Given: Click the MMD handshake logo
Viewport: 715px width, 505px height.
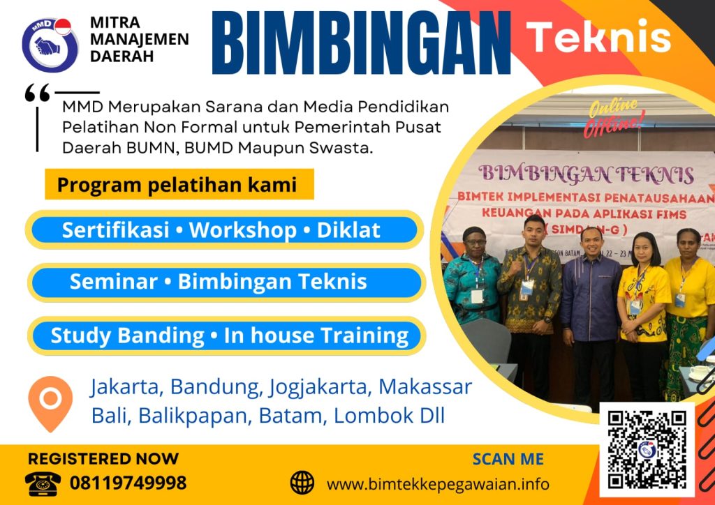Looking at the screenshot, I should pos(50,44).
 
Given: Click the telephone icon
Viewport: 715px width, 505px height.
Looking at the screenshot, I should pos(43,482).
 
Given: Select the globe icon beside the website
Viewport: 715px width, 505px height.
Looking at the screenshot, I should pos(302,483).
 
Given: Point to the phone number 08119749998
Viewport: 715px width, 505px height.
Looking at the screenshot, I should pos(128,483).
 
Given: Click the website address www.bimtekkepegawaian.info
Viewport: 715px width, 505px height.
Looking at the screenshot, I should pos(438,483).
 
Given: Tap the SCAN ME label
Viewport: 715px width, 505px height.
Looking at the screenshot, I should pos(508,459).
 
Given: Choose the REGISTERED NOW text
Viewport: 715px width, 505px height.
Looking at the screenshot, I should pos(103,459).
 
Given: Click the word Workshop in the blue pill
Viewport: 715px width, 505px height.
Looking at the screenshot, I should pos(243,230).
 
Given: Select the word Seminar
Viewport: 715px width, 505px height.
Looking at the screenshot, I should pos(113,282).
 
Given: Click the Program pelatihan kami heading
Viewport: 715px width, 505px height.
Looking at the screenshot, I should pos(177,186).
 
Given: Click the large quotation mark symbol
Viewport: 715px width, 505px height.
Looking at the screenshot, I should pos(37,93).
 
